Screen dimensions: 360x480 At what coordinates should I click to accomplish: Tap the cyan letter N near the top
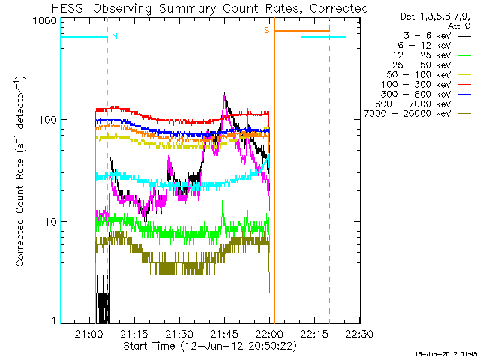pyautogui.click(x=114, y=35)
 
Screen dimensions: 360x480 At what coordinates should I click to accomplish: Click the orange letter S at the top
pyautogui.click(x=266, y=31)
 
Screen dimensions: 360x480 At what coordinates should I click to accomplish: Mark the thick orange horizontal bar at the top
pyautogui.click(x=301, y=31)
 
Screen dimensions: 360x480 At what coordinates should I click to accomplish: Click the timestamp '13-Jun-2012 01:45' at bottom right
pyautogui.click(x=447, y=353)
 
